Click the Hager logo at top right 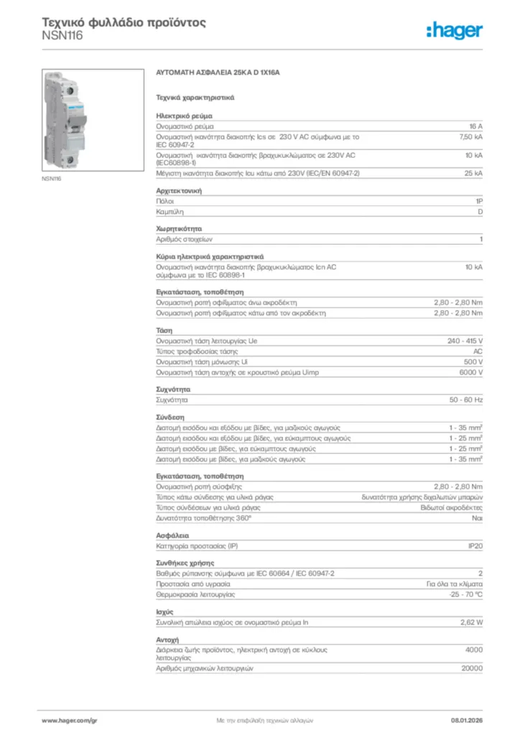coord(453,29)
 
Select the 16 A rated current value coord(475,126)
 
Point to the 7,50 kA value coord(470,136)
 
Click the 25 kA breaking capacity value coord(473,174)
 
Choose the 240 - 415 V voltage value coord(465,341)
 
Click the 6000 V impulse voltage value coord(470,373)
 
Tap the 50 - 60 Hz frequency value coord(466,398)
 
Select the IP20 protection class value coord(475,547)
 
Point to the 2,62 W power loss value coord(471,622)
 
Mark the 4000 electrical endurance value coord(474,650)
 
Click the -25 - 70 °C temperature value coord(465,594)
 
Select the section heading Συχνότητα coord(173,388)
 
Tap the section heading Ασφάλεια coord(172,536)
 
